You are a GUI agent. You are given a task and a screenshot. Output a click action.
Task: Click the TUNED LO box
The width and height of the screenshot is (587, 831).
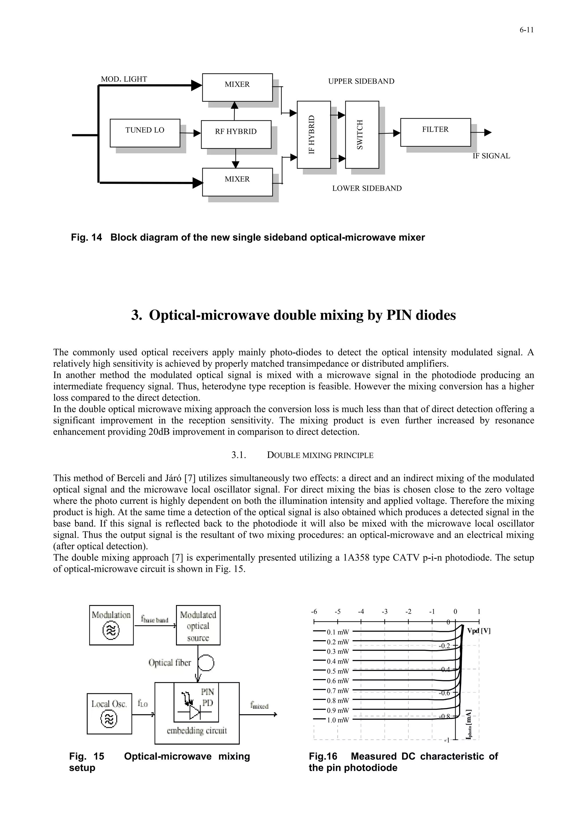pyautogui.click(x=145, y=133)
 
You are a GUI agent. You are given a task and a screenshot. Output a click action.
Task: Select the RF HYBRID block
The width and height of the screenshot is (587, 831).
pyautogui.click(x=236, y=134)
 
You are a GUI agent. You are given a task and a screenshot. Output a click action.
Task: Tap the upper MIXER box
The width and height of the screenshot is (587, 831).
pyautogui.click(x=237, y=87)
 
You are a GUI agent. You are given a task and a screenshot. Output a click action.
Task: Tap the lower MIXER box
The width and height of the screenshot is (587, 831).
pyautogui.click(x=237, y=182)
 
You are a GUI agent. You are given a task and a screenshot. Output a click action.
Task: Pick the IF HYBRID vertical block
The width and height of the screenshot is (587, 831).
pyautogui.click(x=314, y=135)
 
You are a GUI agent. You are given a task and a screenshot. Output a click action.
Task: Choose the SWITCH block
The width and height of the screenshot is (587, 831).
pyautogui.click(x=362, y=135)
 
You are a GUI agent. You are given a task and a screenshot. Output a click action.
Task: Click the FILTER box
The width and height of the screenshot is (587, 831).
pyautogui.click(x=435, y=132)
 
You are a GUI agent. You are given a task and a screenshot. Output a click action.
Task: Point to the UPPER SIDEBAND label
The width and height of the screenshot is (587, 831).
pyautogui.click(x=361, y=81)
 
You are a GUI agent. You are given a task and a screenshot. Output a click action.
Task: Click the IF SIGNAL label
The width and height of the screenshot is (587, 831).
pyautogui.click(x=491, y=156)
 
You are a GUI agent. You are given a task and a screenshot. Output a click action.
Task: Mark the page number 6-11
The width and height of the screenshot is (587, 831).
pyautogui.click(x=527, y=30)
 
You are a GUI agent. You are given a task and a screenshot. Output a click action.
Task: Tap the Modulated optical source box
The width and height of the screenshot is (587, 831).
pyautogui.click(x=198, y=625)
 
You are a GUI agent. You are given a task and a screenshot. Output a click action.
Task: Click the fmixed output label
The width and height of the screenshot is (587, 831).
pyautogui.click(x=259, y=705)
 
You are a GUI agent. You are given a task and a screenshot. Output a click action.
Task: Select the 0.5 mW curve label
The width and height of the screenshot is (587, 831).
pyautogui.click(x=337, y=671)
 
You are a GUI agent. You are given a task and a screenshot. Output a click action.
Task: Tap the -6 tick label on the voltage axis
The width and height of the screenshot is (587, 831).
pyautogui.click(x=314, y=612)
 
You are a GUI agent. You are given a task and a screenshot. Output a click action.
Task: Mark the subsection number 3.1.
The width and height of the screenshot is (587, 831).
pyautogui.click(x=239, y=455)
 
